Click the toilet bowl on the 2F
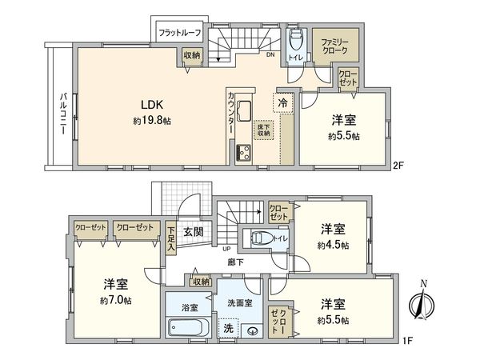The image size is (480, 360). point(294,40)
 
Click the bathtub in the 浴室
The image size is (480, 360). point(189,328)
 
